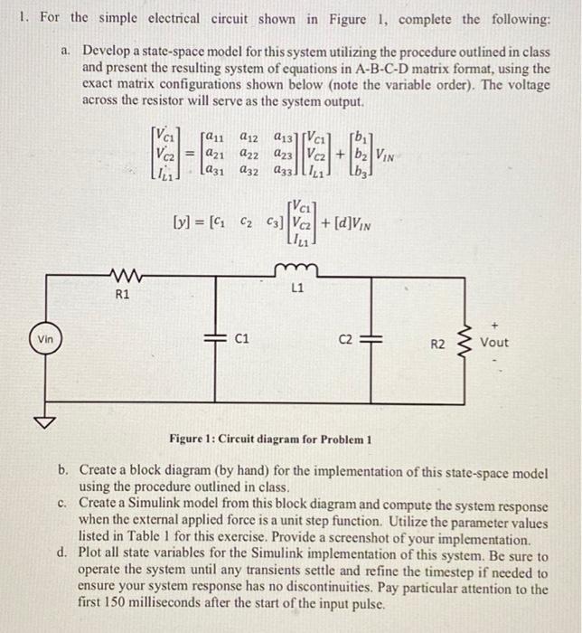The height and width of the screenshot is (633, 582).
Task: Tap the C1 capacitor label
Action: tap(241, 341)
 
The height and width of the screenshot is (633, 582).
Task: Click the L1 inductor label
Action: tap(297, 290)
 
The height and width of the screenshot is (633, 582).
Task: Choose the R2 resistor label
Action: tap(437, 344)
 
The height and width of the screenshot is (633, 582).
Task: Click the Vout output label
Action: tap(494, 343)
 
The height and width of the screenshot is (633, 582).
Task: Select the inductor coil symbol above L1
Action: tap(297, 269)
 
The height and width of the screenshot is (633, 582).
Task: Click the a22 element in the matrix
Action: tap(249, 154)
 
